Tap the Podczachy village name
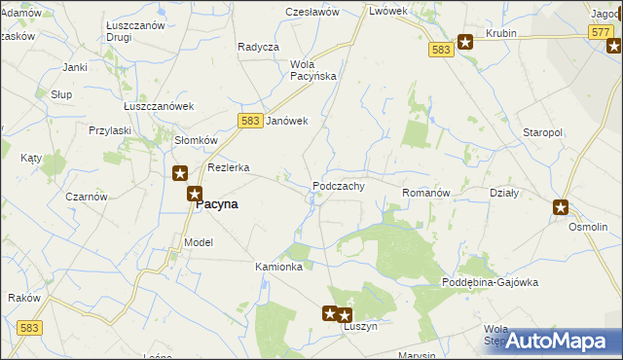(x=339, y=186)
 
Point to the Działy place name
(x=504, y=193)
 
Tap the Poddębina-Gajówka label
(x=490, y=282)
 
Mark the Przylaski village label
(x=110, y=129)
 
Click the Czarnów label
(x=86, y=196)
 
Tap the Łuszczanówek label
(x=160, y=106)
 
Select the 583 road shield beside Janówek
(x=249, y=119)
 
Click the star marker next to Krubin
(x=465, y=42)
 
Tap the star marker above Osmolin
(x=562, y=206)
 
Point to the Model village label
(x=198, y=242)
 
